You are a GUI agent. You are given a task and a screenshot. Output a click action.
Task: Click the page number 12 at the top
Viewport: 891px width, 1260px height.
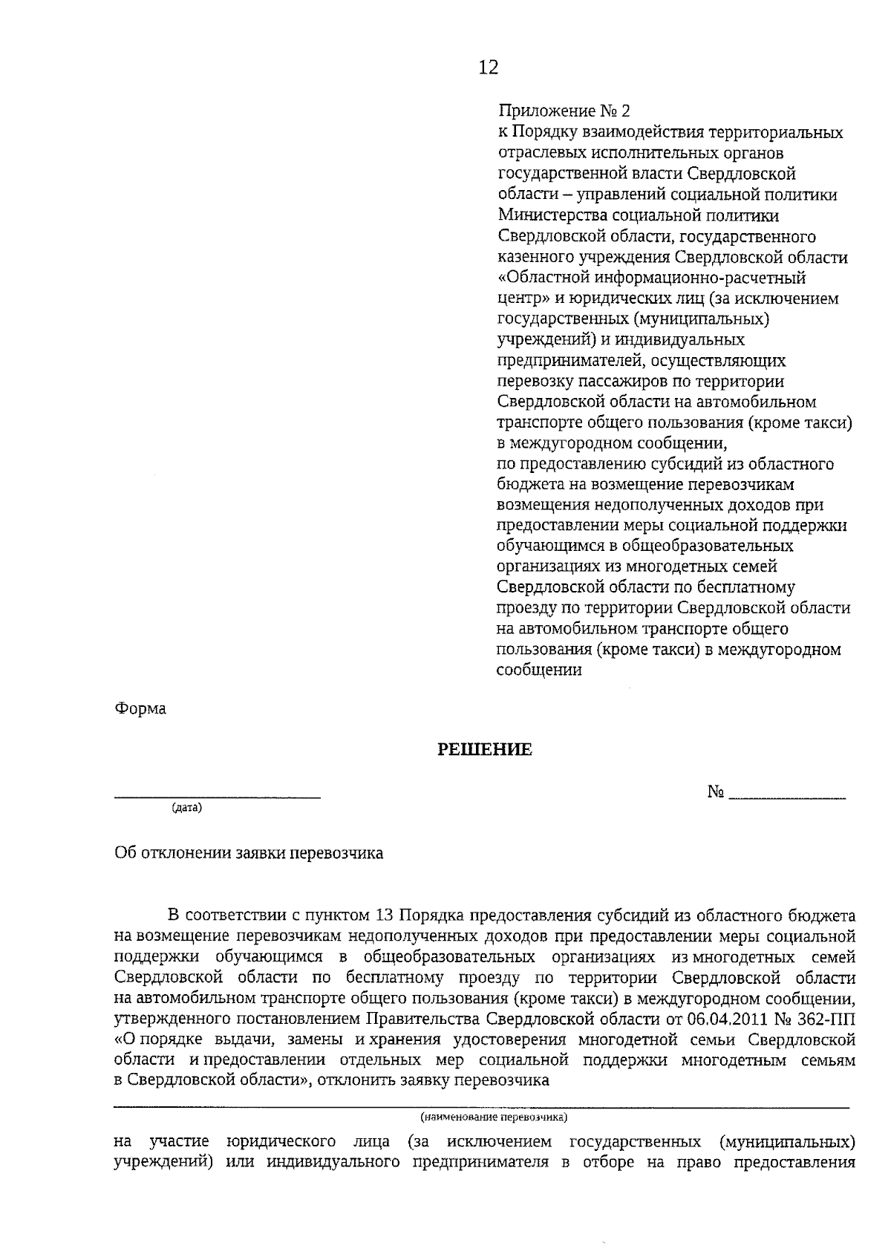coord(488,68)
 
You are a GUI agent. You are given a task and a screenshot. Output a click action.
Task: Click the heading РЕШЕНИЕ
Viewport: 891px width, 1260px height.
coord(484,750)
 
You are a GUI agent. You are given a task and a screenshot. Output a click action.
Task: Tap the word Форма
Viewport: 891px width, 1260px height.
coord(140,709)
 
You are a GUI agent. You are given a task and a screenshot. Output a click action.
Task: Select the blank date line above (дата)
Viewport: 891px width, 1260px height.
coord(217,797)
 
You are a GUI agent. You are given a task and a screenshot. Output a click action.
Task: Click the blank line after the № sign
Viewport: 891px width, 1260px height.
coord(787,797)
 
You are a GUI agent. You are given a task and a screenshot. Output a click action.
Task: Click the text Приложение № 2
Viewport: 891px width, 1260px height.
coord(564,111)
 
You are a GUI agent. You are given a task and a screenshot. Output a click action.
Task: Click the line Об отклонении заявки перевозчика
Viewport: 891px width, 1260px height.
coord(249,853)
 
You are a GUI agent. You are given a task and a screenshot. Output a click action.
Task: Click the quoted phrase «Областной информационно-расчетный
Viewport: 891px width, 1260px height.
coord(651,278)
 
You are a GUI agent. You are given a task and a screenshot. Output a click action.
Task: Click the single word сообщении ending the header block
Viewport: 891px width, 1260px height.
coord(538,670)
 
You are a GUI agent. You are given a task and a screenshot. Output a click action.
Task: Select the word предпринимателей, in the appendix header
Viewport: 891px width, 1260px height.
coord(564,360)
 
